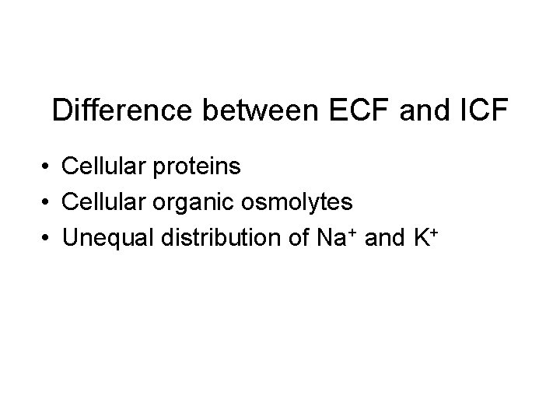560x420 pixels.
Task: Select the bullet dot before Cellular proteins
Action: coord(47,166)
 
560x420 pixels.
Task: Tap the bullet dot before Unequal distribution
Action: coord(47,238)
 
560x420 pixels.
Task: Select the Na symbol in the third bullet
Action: coord(329,238)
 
